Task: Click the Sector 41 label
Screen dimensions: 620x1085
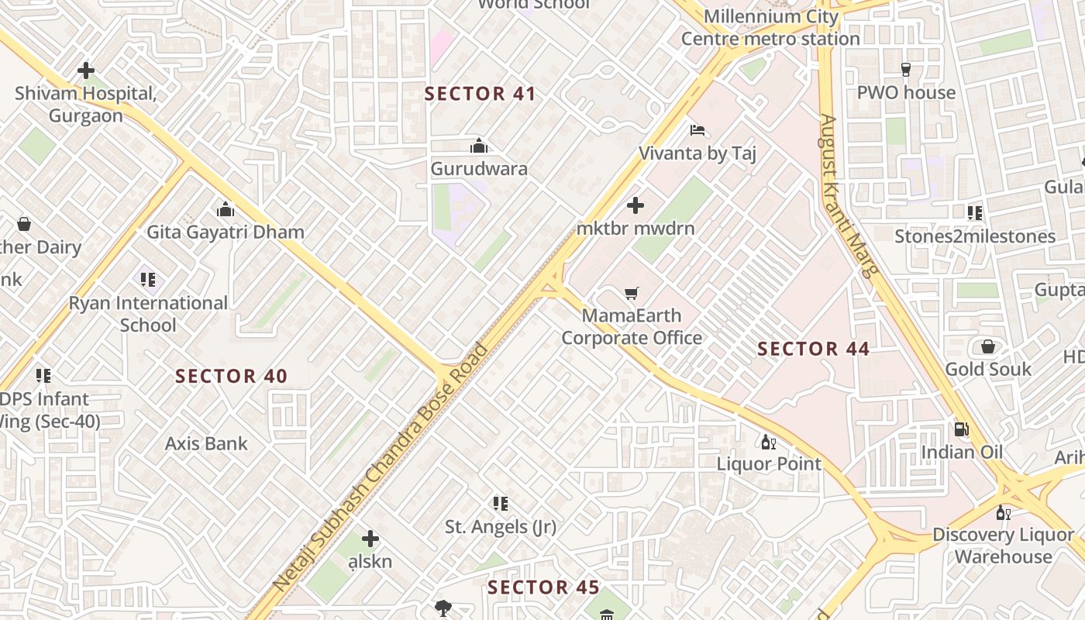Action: coord(480,94)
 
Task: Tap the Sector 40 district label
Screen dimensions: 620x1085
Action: coord(231,377)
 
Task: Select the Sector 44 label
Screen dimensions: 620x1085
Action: coord(813,349)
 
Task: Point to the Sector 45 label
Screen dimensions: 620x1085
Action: coord(543,587)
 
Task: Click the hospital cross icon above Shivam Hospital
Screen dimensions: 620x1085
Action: coord(86,71)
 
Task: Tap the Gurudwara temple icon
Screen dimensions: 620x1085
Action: coord(479,146)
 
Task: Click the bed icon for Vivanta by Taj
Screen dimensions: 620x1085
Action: coord(697,129)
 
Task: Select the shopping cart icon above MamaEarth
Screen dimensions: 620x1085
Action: coord(632,293)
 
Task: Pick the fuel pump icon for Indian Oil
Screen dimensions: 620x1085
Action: coord(961,429)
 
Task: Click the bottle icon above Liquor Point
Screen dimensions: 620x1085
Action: coord(768,442)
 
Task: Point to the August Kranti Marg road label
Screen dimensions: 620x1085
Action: coord(850,196)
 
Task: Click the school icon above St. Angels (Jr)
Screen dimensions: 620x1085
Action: coord(501,504)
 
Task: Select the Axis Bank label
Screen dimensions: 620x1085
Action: coord(206,444)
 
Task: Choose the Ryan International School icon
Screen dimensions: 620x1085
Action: coord(148,279)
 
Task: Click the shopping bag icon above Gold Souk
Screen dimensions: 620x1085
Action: coord(988,346)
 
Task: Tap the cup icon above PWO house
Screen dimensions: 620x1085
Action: coord(905,70)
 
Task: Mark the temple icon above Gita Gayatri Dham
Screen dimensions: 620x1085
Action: coord(226,209)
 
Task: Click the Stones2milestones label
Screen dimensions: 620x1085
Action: coord(975,236)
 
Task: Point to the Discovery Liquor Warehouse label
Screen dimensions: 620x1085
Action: coord(1003,546)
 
